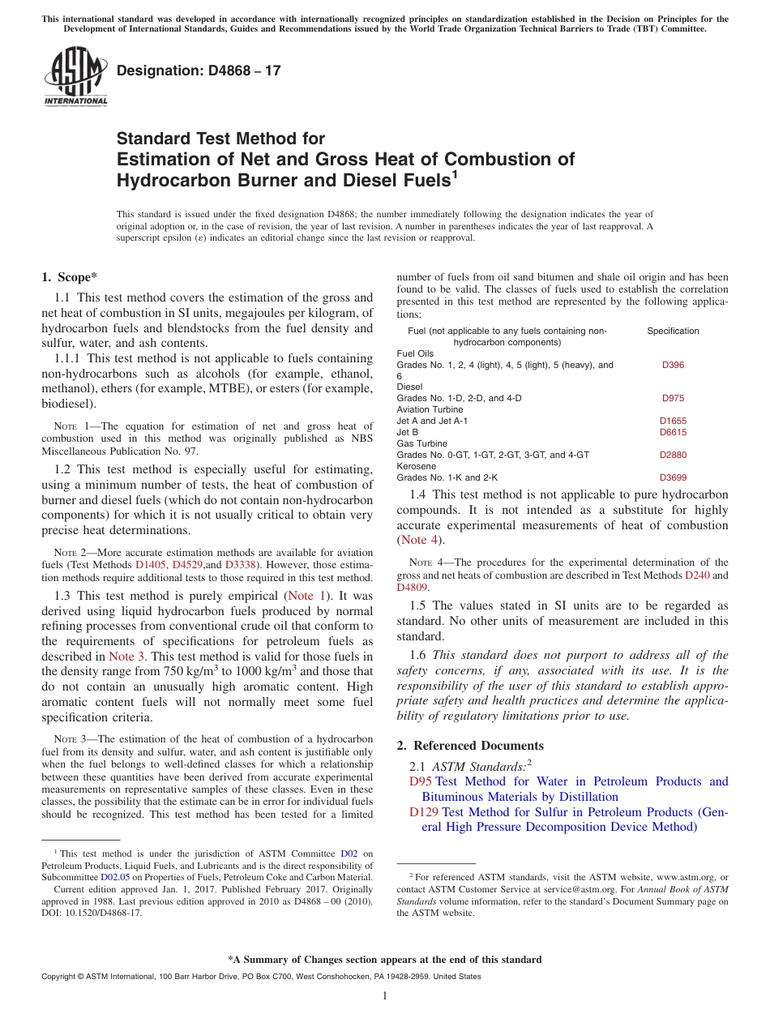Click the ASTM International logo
point(75,76)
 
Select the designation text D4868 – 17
point(199,71)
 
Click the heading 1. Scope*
point(70,277)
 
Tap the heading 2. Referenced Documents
point(478,746)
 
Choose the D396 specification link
point(673,365)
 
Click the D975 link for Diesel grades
point(673,398)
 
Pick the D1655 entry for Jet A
point(673,421)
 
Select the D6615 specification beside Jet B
point(673,432)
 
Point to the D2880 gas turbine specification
point(673,455)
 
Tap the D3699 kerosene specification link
point(673,477)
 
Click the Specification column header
point(673,331)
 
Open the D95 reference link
point(421,781)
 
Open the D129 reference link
point(424,812)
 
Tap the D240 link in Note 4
point(696,575)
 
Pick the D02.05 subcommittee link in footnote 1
point(115,876)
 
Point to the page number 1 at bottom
point(385,995)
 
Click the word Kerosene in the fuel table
point(416,466)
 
